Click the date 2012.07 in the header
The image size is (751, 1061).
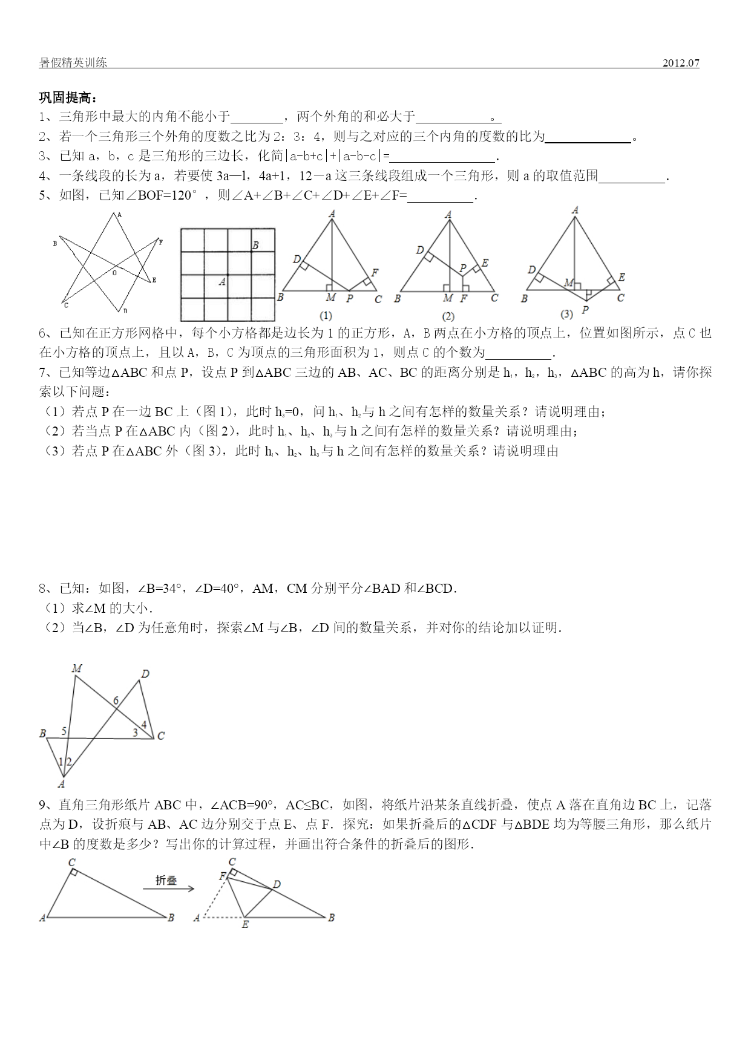[x=681, y=63]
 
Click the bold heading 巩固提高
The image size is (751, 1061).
[x=68, y=99]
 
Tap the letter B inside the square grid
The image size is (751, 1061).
[x=255, y=246]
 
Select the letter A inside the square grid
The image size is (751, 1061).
[x=222, y=282]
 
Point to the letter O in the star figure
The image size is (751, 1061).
[x=114, y=273]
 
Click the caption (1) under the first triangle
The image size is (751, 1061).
[x=326, y=315]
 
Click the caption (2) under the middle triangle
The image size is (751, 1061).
[x=448, y=316]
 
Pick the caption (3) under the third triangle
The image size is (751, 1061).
[x=566, y=315]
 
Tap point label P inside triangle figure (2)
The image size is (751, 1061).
[x=463, y=267]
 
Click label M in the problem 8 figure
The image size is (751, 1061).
[x=77, y=668]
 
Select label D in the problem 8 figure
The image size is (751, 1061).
[x=145, y=674]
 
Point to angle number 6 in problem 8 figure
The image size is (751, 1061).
[x=116, y=701]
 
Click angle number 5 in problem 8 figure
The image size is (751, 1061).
[x=64, y=731]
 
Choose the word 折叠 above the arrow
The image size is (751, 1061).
[x=166, y=881]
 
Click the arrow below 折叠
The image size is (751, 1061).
[x=168, y=889]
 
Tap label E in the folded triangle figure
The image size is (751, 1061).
[x=245, y=925]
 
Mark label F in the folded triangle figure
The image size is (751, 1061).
[x=222, y=876]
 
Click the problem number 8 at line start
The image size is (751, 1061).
[x=42, y=589]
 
